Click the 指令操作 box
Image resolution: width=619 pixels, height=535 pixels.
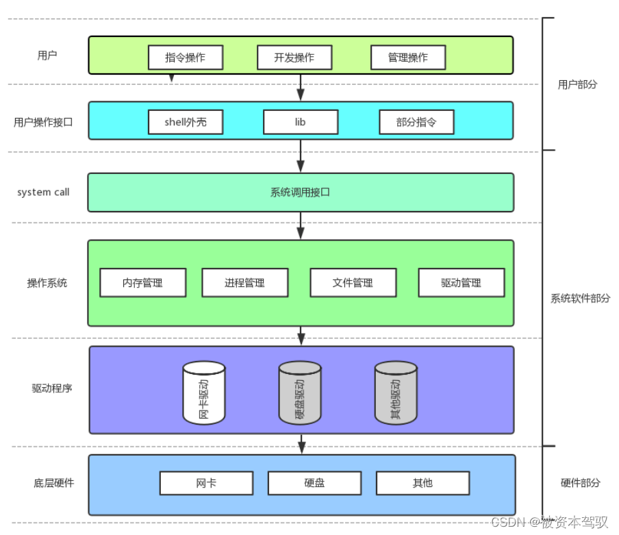(186, 58)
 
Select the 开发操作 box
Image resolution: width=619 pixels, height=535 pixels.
(294, 58)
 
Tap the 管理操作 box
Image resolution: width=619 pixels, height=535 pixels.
(408, 58)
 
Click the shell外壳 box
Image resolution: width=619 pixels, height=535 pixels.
(186, 122)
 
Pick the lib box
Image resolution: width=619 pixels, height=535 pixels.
(301, 122)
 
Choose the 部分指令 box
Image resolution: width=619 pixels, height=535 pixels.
(416, 122)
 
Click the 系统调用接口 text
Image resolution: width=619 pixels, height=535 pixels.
(301, 192)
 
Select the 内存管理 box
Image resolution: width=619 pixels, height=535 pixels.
(142, 282)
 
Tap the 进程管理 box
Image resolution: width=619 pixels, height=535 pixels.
(244, 282)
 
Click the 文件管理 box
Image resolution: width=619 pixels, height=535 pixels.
(353, 282)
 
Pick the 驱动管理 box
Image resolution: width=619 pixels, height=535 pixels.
(461, 282)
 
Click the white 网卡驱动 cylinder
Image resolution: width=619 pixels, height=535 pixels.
(204, 393)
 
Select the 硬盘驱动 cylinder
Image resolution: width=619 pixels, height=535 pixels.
(300, 393)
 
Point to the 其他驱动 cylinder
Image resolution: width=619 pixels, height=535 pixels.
(396, 393)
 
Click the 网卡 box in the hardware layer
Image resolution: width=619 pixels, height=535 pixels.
(206, 483)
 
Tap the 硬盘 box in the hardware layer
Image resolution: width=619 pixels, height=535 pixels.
(314, 483)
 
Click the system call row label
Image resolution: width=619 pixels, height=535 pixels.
(43, 192)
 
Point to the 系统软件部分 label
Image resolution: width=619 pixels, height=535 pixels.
(580, 299)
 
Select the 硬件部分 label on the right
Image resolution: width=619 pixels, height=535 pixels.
(580, 483)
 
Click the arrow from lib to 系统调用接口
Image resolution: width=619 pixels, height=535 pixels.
(301, 156)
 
